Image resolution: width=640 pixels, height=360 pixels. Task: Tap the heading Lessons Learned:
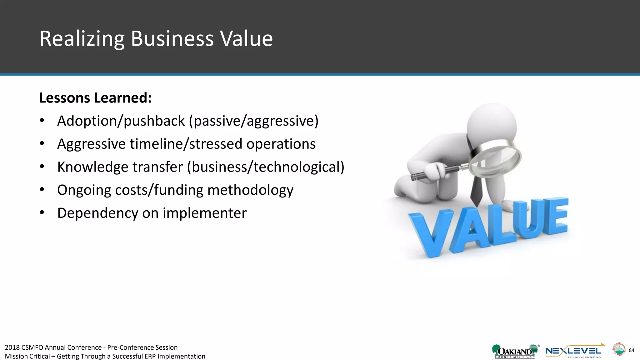(95, 98)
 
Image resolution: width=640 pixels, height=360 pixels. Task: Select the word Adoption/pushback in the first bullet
(121, 121)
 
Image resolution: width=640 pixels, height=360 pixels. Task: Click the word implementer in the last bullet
(204, 213)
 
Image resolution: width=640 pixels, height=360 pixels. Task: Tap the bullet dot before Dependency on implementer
(42, 213)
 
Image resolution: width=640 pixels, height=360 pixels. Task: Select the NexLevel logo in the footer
(574, 352)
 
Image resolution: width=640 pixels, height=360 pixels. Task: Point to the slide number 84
(632, 350)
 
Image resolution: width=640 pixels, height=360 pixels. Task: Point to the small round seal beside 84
(619, 349)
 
